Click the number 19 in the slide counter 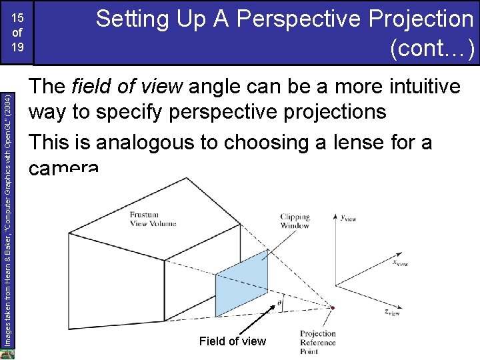[17, 47]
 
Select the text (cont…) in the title [435, 48]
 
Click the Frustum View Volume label [153, 219]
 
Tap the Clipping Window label [295, 221]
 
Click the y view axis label [348, 217]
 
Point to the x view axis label [400, 263]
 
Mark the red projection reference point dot [333, 308]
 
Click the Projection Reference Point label [318, 342]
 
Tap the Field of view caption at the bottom [232, 341]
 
